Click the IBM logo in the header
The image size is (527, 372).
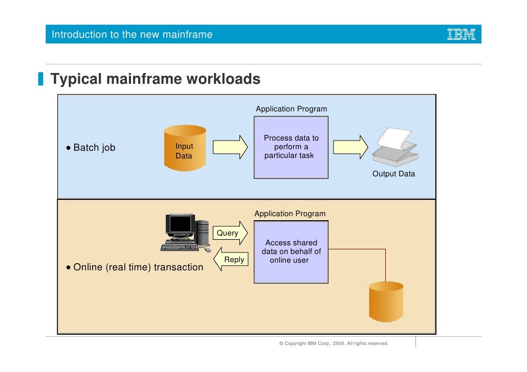click(x=462, y=35)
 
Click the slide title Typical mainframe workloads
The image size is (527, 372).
click(x=155, y=80)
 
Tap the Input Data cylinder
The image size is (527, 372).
click(x=185, y=148)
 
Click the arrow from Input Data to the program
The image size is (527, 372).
click(x=230, y=147)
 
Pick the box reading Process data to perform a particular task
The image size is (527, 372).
click(x=291, y=147)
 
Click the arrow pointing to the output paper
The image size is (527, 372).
click(x=350, y=147)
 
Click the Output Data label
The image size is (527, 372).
click(x=393, y=174)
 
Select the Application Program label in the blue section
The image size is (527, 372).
click(x=291, y=109)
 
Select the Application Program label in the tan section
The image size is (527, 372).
click(x=290, y=214)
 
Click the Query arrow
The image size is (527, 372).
click(x=230, y=233)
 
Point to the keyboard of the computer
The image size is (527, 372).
click(x=180, y=247)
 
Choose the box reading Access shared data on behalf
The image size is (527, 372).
click(x=291, y=252)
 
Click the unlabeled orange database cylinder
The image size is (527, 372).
click(x=386, y=303)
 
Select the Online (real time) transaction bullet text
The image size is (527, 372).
click(x=138, y=267)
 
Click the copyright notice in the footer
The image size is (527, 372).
click(x=334, y=343)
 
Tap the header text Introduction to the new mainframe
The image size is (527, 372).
click(x=132, y=35)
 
